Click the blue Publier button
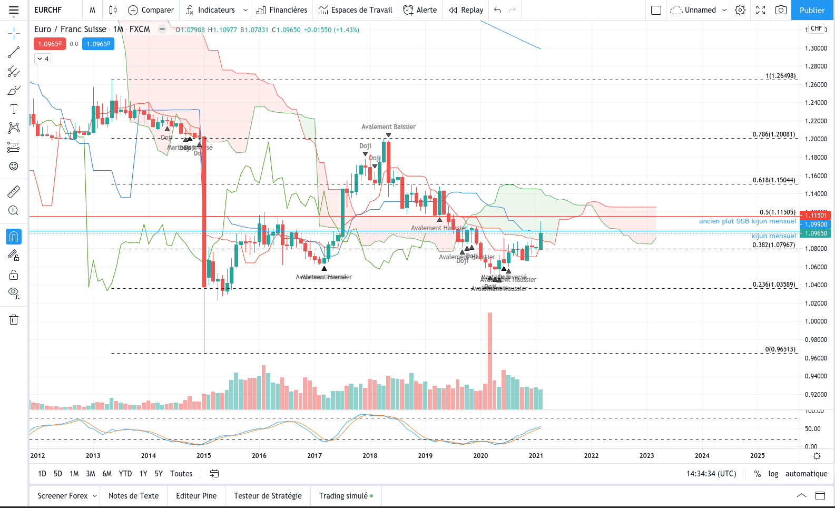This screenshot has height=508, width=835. (812, 10)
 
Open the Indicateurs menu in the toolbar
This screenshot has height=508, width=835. (216, 10)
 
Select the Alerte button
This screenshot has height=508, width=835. (420, 10)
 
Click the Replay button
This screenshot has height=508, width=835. (466, 10)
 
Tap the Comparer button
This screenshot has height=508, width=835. (151, 10)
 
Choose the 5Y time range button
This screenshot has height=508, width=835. (159, 474)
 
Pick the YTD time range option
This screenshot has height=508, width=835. (125, 474)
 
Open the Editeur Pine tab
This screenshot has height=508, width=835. (196, 496)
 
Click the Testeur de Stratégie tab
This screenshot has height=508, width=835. (268, 496)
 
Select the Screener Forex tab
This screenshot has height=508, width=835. (63, 496)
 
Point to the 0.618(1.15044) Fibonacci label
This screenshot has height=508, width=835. (774, 180)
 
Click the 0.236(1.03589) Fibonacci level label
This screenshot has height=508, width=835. (774, 285)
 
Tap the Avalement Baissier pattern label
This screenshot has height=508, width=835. (388, 127)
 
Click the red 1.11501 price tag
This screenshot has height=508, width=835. (816, 215)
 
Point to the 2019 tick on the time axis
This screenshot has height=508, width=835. (425, 456)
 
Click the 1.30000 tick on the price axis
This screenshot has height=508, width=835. (816, 48)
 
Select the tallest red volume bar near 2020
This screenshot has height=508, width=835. (490, 360)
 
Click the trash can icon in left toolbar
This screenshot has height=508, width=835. (14, 319)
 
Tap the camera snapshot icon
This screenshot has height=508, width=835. (781, 10)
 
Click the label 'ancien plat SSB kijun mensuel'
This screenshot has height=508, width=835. (747, 221)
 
